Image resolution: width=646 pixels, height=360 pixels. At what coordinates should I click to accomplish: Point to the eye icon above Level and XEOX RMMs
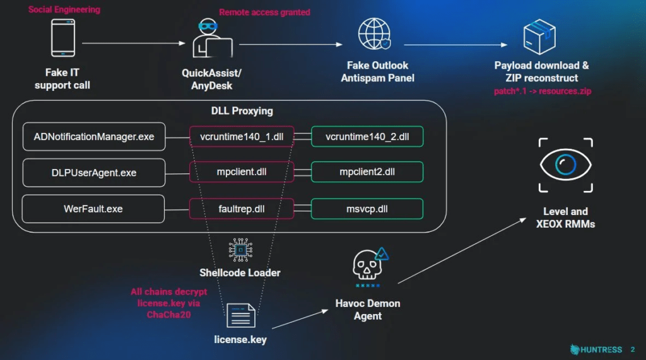click(565, 165)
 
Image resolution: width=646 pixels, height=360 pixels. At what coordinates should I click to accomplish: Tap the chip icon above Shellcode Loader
click(240, 251)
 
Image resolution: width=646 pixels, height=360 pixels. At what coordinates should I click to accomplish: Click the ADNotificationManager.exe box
click(94, 137)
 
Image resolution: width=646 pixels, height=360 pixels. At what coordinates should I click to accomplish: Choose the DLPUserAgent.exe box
click(94, 173)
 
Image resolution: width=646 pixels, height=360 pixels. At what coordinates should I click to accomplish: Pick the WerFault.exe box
click(94, 209)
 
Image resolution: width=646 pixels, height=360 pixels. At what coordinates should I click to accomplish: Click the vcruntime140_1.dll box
click(242, 137)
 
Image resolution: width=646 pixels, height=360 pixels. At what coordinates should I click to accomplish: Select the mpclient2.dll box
click(367, 173)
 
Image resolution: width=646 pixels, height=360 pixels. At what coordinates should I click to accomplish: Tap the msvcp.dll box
click(367, 209)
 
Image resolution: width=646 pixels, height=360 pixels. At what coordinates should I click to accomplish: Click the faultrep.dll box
click(242, 209)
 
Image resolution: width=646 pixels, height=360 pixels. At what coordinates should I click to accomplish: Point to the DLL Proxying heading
click(242, 111)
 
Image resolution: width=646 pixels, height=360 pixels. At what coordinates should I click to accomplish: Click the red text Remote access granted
click(264, 12)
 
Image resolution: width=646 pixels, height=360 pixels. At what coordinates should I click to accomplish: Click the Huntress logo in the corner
click(596, 349)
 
